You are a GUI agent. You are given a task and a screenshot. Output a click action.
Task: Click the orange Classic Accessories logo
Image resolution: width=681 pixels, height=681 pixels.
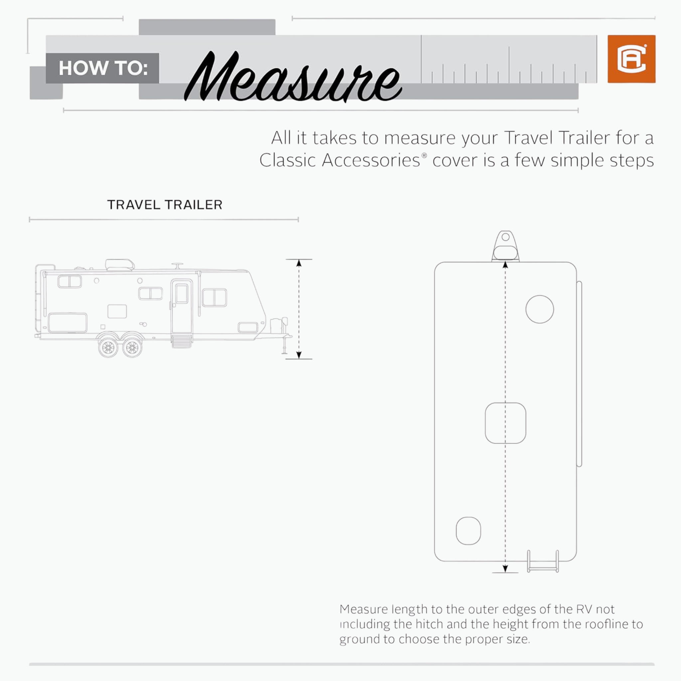click(x=631, y=59)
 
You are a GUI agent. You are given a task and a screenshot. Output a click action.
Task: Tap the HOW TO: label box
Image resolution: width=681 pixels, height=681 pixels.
click(x=102, y=68)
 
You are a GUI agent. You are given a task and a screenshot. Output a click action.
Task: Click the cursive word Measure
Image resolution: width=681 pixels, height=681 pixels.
click(x=293, y=77)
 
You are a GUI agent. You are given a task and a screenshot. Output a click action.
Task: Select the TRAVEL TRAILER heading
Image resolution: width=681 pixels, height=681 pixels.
click(x=165, y=205)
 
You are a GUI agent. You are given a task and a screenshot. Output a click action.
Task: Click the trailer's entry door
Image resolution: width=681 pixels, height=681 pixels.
click(x=182, y=307)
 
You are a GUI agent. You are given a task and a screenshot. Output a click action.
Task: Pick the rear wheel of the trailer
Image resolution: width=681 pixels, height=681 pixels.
click(x=108, y=348)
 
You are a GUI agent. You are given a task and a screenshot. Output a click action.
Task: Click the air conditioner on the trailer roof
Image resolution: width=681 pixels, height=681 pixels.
click(x=120, y=265)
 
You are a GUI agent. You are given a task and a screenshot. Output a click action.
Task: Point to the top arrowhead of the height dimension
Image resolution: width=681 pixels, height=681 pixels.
click(x=299, y=263)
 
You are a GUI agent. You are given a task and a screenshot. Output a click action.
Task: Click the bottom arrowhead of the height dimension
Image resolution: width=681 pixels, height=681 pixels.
click(x=299, y=355)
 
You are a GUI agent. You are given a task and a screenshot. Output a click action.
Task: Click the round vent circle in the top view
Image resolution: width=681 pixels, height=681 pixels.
click(x=540, y=309)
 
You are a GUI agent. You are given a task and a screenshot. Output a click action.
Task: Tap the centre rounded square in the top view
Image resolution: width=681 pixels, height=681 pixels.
click(x=505, y=423)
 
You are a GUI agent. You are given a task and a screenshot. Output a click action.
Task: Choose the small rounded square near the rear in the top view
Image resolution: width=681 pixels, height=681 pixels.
click(x=468, y=531)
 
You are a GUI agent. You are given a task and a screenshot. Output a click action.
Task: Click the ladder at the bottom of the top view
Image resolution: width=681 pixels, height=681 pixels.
click(x=543, y=562)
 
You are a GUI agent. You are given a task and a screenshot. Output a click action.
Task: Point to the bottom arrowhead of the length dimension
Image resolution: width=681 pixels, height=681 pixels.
click(x=505, y=568)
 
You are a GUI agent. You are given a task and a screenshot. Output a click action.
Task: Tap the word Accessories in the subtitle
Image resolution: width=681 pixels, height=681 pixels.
click(x=371, y=161)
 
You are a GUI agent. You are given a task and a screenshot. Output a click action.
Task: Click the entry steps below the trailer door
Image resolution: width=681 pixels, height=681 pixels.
click(x=182, y=341)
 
